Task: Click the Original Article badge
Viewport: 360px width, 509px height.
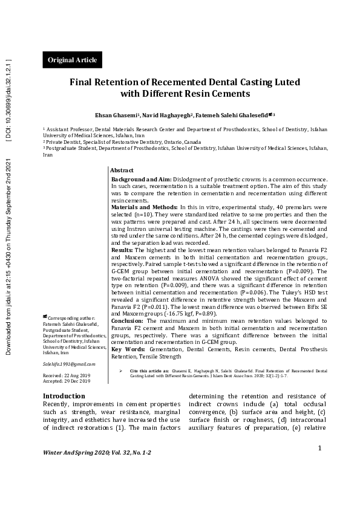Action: click(72, 60)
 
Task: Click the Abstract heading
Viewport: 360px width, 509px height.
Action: click(122, 171)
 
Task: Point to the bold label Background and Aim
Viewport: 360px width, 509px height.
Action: click(142, 180)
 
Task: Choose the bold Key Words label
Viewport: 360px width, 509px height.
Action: click(128, 349)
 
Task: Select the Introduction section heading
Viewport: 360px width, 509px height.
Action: click(64, 396)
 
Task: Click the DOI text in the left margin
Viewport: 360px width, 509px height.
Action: click(8, 100)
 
